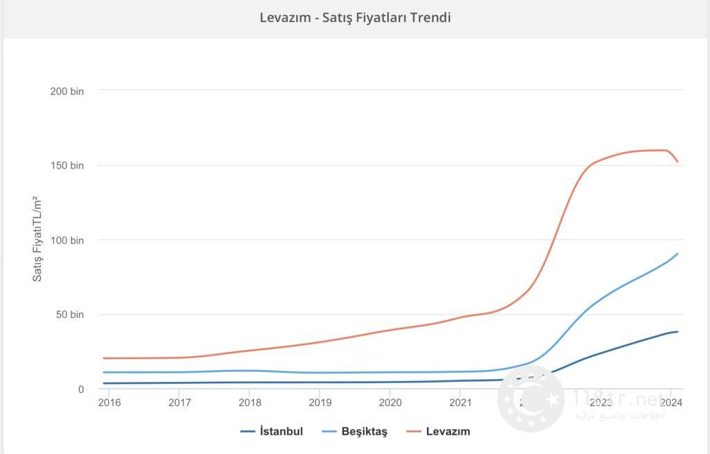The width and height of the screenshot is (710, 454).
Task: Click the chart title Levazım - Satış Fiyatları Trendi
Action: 355,17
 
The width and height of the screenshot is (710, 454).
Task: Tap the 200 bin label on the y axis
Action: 67,91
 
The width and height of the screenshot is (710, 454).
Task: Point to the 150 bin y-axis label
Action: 67,166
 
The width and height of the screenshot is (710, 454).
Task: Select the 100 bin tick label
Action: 67,240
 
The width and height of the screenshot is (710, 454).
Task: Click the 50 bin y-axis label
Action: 69,314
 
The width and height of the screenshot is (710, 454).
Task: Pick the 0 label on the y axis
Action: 80,389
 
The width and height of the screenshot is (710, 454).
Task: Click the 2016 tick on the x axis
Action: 108,402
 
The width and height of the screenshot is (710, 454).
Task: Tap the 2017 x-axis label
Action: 179,402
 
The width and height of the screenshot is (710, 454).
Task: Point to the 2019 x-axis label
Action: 320,402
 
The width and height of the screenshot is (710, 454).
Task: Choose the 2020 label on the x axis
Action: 390,402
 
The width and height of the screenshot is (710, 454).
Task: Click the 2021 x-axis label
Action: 460,402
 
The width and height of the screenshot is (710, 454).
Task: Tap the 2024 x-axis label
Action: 670,402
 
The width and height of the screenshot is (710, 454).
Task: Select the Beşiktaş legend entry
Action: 364,432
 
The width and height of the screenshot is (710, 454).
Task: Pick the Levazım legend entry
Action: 447,432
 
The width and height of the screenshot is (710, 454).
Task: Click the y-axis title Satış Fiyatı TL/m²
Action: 37,239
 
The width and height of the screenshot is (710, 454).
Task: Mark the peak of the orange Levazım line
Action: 662,150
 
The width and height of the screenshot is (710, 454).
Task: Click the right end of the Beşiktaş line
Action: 677,253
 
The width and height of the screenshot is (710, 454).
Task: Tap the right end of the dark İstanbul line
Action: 677,332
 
